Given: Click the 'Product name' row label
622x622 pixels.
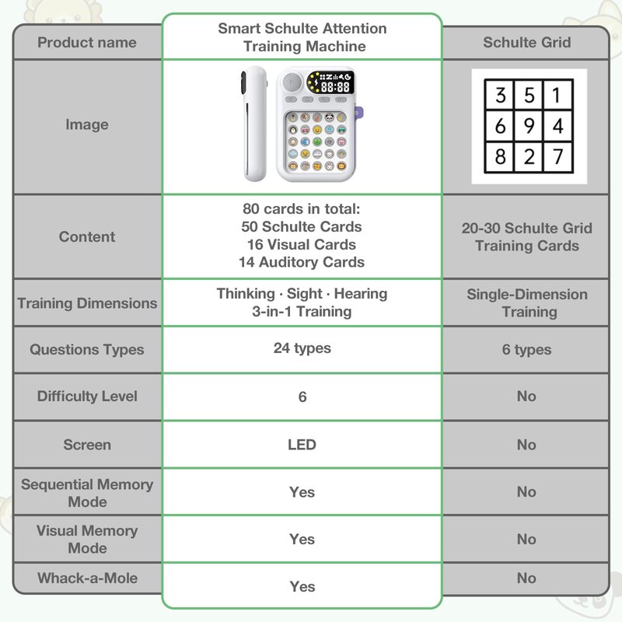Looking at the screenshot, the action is tap(87, 43).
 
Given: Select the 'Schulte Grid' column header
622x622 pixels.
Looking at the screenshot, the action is tap(527, 43).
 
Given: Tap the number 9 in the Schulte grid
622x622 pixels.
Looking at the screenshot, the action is tap(529, 126).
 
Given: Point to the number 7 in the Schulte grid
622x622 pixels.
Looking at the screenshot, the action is tap(558, 156).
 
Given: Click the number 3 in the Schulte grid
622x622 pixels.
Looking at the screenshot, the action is tap(501, 95).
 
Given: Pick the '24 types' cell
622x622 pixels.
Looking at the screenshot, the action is tap(302, 348).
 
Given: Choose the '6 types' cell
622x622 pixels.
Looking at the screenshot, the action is tap(526, 349).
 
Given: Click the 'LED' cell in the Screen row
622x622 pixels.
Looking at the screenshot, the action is tap(302, 445).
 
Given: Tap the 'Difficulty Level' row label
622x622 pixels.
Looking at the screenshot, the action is tap(87, 397).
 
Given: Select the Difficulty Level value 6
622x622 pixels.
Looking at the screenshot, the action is tap(302, 397).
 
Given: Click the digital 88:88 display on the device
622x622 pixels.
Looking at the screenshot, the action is tap(335, 87).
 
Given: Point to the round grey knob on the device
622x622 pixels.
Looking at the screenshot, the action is tap(292, 82).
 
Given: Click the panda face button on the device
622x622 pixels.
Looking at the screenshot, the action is tap(330, 117).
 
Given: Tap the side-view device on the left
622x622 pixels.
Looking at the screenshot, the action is tap(253, 124).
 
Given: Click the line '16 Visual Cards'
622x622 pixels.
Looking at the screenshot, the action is tap(302, 244).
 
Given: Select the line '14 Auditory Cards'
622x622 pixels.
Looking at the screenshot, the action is tap(302, 262).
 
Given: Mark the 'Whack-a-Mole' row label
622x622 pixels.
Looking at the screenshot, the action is tap(87, 578).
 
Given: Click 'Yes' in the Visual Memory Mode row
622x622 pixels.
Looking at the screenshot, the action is tap(302, 540).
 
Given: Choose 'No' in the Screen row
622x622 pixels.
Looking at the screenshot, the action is tap(526, 445).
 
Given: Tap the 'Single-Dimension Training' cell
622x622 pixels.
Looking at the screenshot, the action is tap(527, 303).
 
